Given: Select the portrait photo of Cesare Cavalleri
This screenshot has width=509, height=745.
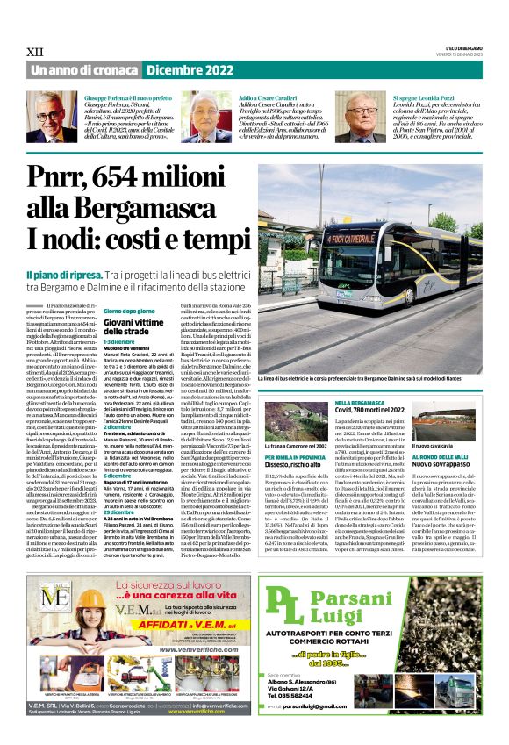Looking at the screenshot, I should coord(213,116).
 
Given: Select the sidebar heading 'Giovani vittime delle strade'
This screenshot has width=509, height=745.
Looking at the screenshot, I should coord(132,327).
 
